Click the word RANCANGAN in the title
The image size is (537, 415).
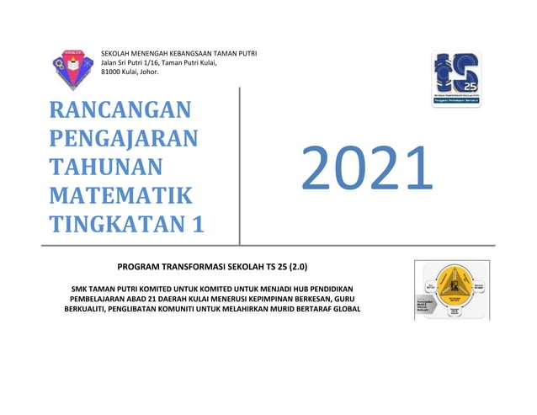[x=120, y=109]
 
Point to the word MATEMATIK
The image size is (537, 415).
[x=120, y=195]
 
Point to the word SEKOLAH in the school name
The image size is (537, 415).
[x=117, y=54]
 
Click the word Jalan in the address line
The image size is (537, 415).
[x=110, y=63]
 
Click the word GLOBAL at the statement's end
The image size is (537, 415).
[x=341, y=307]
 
